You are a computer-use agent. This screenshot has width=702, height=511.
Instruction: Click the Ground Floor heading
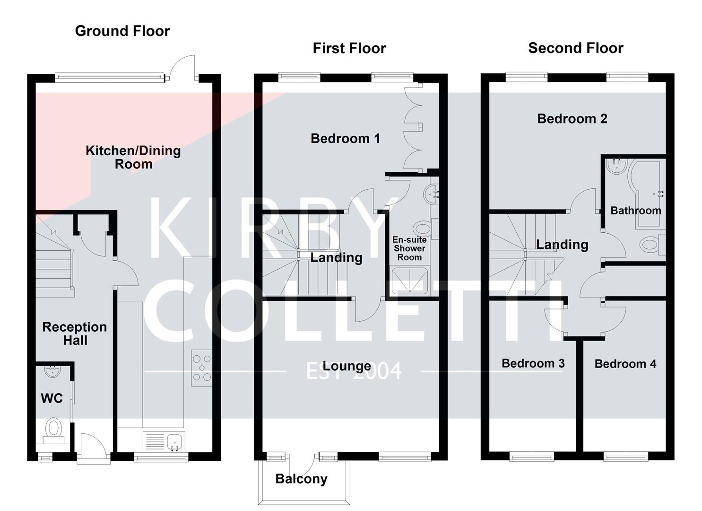pyautogui.click(x=122, y=31)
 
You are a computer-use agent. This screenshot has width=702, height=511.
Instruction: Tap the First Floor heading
pyautogui.click(x=349, y=48)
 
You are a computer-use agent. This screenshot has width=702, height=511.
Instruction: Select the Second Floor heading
pyautogui.click(x=575, y=48)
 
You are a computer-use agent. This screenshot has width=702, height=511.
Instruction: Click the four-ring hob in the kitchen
pyautogui.click(x=202, y=368)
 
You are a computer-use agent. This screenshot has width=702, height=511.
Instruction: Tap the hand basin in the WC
pyautogui.click(x=52, y=371)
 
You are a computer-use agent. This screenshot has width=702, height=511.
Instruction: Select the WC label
pyautogui.click(x=52, y=398)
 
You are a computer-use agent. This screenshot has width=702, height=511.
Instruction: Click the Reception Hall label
pyautogui.click(x=75, y=334)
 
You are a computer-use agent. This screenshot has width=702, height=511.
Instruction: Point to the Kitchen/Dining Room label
pyautogui.click(x=133, y=158)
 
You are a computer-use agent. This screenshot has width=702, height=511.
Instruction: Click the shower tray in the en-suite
pyautogui.click(x=409, y=281)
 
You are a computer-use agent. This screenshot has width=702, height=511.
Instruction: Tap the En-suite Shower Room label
pyautogui.click(x=409, y=248)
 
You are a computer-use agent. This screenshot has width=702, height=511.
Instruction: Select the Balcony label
pyautogui.click(x=301, y=479)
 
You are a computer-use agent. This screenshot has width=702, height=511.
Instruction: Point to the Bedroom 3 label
pyautogui.click(x=533, y=363)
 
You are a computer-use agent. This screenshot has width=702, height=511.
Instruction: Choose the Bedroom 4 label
pyautogui.click(x=625, y=364)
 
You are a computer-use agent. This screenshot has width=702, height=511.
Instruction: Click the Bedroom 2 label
pyautogui.click(x=572, y=119)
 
